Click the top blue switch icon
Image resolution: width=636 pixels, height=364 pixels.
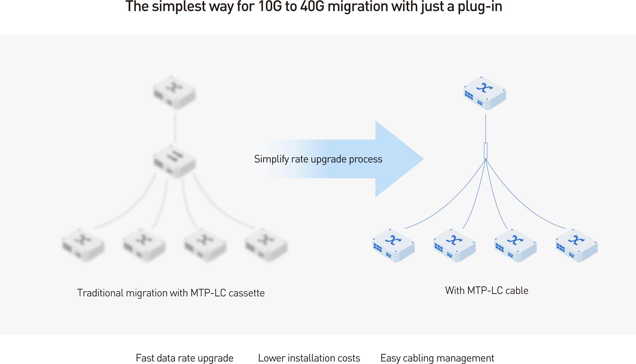[x=485, y=93]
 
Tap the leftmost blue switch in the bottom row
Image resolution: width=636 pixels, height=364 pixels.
[x=394, y=246]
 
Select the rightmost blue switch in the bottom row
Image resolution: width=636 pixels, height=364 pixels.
[x=576, y=246]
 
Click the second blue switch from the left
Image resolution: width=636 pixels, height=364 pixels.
[x=454, y=246]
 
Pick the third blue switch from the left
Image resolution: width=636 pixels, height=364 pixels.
[x=515, y=246]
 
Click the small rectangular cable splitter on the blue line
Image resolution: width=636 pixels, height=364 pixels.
[x=486, y=151]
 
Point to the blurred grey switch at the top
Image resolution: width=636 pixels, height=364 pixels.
[x=174, y=93]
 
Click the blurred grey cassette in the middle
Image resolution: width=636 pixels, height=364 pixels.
[x=174, y=161]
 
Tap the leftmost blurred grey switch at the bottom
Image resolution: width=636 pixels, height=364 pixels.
[x=83, y=245]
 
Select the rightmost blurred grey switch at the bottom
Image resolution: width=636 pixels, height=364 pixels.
[x=266, y=245]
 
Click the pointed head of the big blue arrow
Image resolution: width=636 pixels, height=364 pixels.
[x=423, y=159]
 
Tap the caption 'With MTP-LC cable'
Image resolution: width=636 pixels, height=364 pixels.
[x=487, y=290]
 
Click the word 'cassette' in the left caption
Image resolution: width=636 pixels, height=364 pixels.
[x=246, y=293]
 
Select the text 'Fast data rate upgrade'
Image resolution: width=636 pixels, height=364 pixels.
[x=184, y=358]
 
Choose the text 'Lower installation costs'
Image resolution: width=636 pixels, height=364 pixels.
[x=309, y=358]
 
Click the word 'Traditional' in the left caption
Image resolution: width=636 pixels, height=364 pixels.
[x=100, y=293]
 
